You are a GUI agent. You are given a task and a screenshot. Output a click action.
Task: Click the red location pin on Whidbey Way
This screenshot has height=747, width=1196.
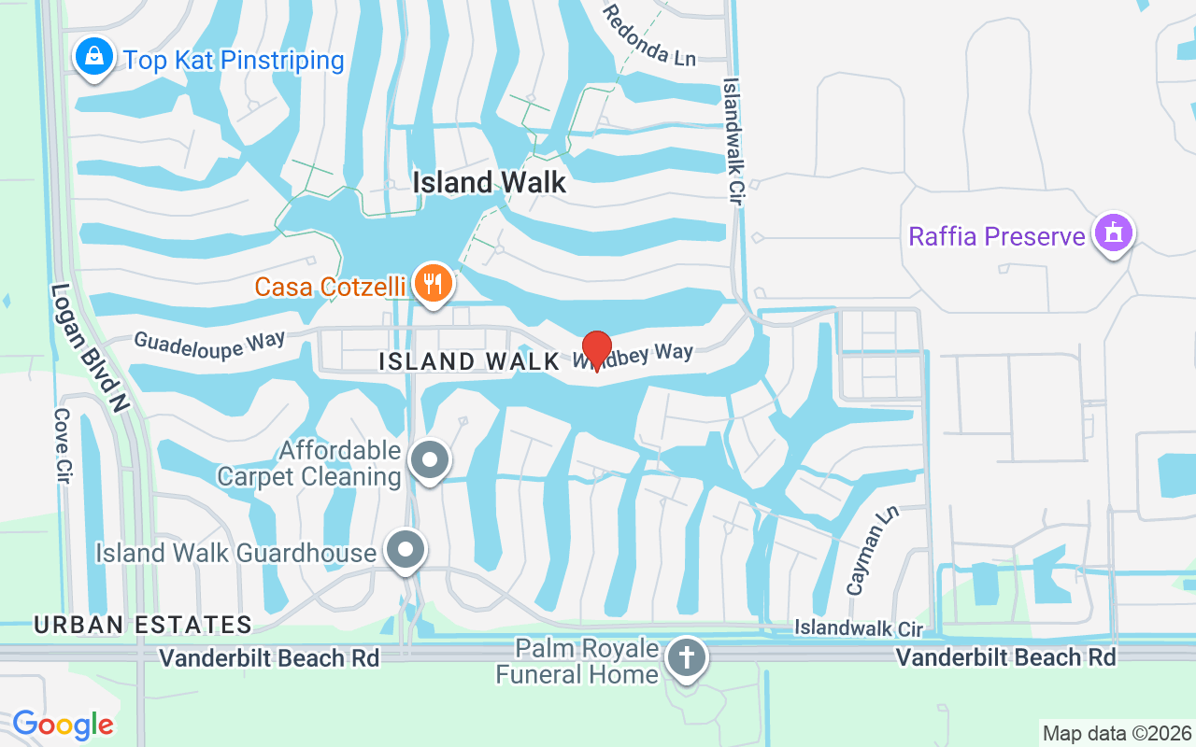click(597, 349)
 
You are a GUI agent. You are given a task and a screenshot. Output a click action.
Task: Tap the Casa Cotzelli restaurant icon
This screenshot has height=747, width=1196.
click(432, 283)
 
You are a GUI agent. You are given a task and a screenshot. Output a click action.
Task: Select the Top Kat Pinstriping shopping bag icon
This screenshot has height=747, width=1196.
click(93, 58)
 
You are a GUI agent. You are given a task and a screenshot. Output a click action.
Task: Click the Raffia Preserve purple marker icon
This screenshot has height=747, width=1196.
click(1114, 233)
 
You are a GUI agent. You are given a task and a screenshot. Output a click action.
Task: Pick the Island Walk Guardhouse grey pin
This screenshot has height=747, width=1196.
click(406, 551)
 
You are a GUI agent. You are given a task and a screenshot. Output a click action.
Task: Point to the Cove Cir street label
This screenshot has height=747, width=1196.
click(64, 444)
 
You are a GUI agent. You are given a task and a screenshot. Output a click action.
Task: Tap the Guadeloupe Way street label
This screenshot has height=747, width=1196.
click(208, 343)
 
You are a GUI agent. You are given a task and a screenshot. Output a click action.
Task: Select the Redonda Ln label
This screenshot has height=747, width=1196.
click(649, 35)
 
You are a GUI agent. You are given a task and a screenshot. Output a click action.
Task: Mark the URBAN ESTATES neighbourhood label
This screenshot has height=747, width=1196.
click(143, 625)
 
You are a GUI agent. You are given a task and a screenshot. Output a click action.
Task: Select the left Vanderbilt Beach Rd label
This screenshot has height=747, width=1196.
click(269, 658)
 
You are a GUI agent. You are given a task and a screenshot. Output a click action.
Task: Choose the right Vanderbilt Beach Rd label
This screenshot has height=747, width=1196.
click(1005, 657)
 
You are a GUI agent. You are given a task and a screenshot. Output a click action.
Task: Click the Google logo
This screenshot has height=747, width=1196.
click(63, 725)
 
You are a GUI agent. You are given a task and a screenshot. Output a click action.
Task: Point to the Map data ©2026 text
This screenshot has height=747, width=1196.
click(1117, 733)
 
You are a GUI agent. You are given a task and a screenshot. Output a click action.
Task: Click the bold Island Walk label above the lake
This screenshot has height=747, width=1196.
click(490, 182)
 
